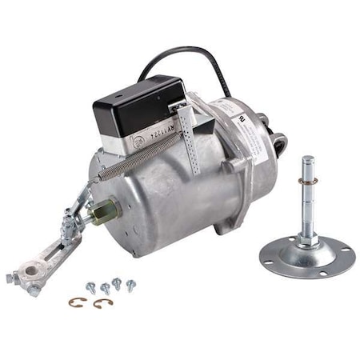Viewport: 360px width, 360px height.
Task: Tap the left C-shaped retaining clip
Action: tap(76, 302)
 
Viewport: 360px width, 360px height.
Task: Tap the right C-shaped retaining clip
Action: tap(102, 303)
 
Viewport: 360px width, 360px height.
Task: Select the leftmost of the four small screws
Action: tap(91, 287)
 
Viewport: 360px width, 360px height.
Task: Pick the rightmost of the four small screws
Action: tap(130, 284)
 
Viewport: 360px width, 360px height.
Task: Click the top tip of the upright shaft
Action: tap(307, 160)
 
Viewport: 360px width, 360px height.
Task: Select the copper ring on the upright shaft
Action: tap(308, 203)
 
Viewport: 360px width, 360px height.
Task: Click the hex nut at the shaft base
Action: tap(308, 238)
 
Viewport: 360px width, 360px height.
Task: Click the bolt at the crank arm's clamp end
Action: tap(11, 278)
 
